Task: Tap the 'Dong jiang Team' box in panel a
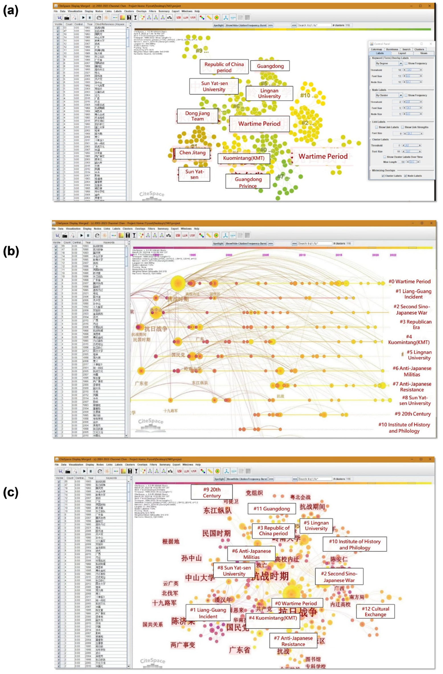point(197,116)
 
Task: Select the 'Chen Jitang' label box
point(192,153)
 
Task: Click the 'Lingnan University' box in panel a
point(269,93)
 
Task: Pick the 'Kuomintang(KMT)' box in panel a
point(244,158)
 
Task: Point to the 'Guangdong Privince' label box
point(248,182)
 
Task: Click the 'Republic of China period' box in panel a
point(224,67)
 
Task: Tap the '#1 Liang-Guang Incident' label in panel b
point(413,294)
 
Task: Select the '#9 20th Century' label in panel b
point(412,414)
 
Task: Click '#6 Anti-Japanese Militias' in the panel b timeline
point(412,371)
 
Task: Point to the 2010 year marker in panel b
point(302,255)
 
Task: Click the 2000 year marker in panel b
point(229,255)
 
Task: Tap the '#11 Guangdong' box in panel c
point(271,509)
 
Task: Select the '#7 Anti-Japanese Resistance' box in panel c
point(293,641)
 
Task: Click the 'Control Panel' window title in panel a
point(382,44)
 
